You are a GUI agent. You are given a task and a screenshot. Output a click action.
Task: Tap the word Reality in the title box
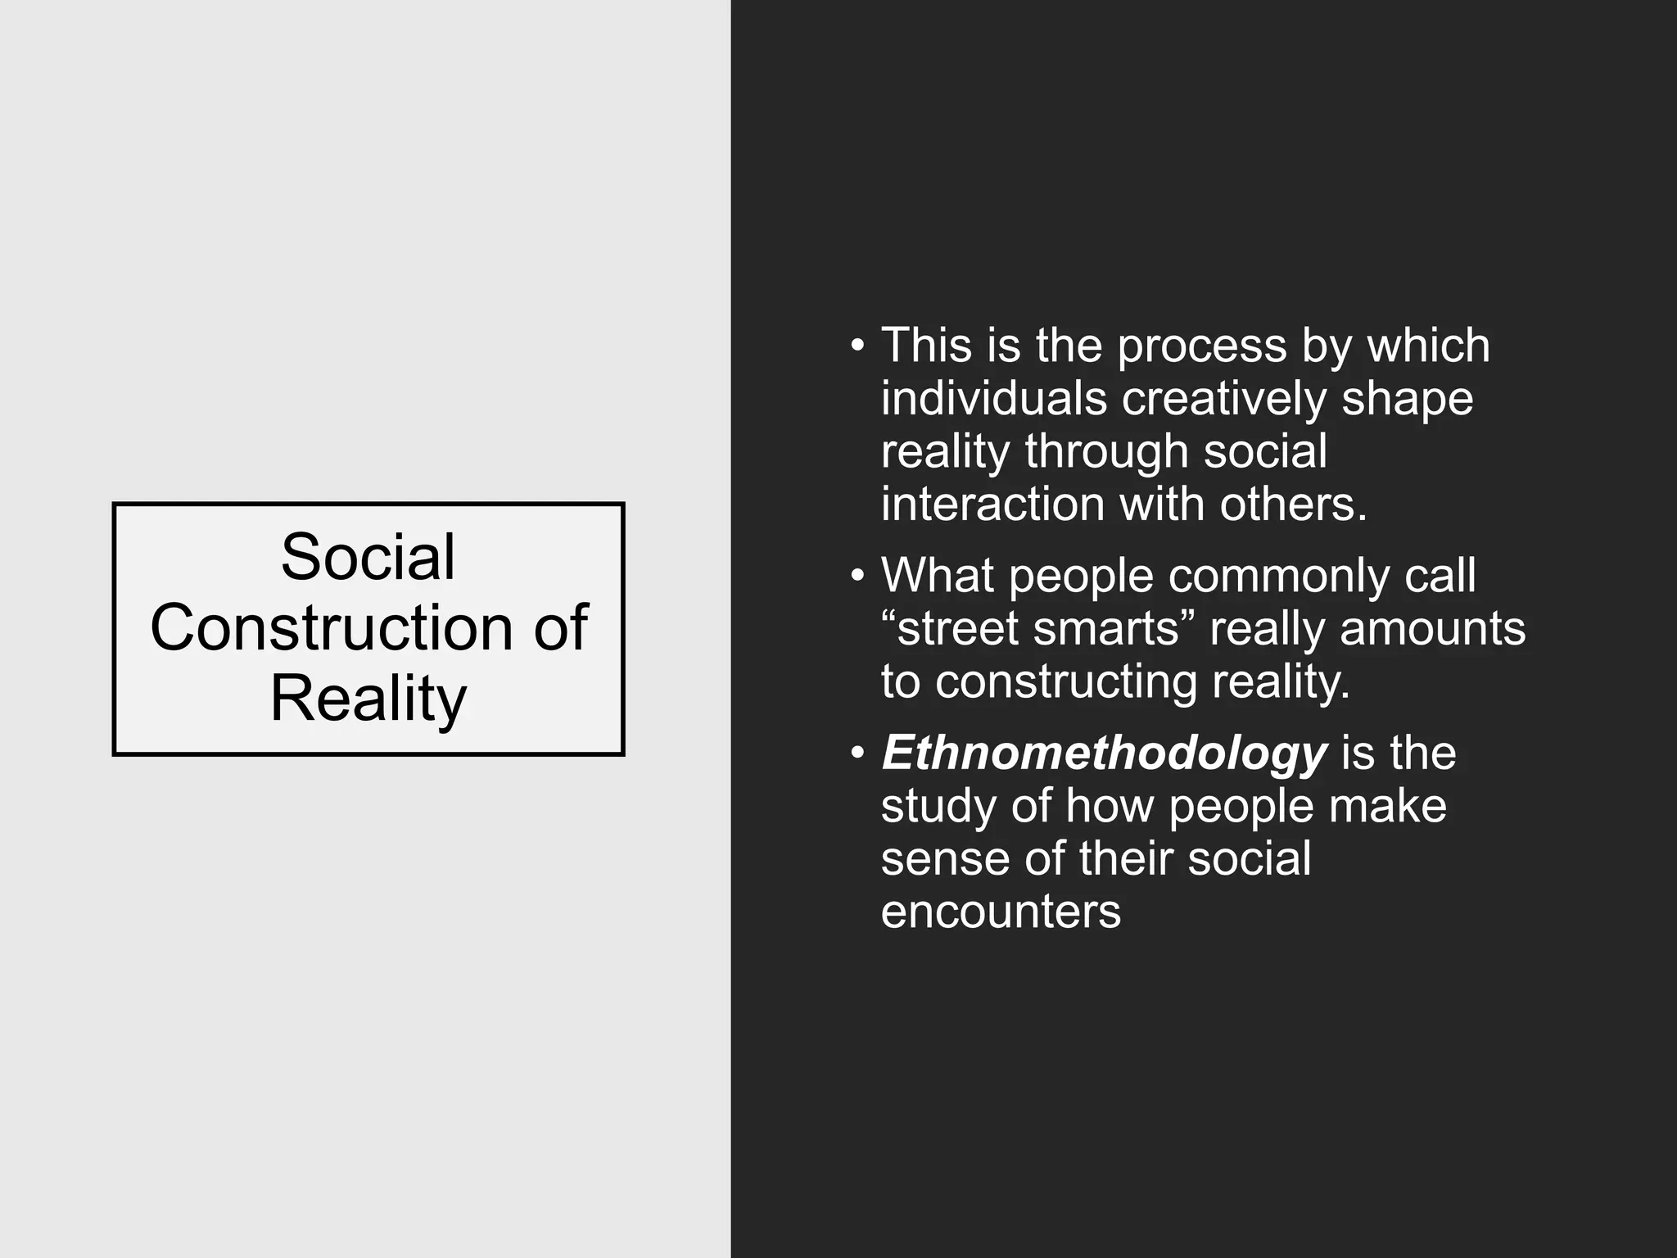[368, 699]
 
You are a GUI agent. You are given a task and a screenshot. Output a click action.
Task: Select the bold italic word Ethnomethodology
[1103, 753]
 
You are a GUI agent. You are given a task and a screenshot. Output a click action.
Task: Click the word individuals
[993, 399]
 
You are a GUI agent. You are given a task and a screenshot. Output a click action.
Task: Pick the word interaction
[992, 504]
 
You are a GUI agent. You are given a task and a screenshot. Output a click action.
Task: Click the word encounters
[1000, 912]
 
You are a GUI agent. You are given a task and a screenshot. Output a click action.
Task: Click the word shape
[1407, 399]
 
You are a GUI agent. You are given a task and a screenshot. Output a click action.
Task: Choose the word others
[1293, 504]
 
